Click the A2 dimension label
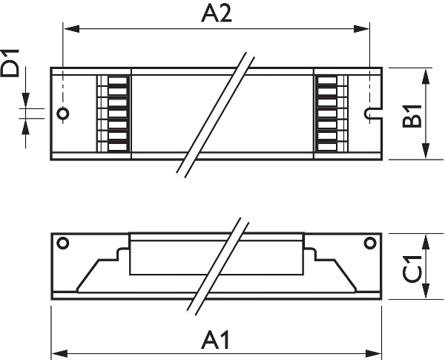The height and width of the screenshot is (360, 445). click(x=217, y=14)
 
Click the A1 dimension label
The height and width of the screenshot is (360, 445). click(x=215, y=340)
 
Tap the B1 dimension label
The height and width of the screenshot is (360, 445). click(x=412, y=117)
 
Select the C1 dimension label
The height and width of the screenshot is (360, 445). click(x=412, y=269)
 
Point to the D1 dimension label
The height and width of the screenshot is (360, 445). click(x=10, y=63)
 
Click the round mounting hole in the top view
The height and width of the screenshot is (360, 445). click(x=63, y=114)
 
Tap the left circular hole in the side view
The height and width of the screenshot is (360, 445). click(x=63, y=243)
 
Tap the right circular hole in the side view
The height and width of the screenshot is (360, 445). click(x=370, y=243)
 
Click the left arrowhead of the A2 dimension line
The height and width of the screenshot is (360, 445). click(x=72, y=29)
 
